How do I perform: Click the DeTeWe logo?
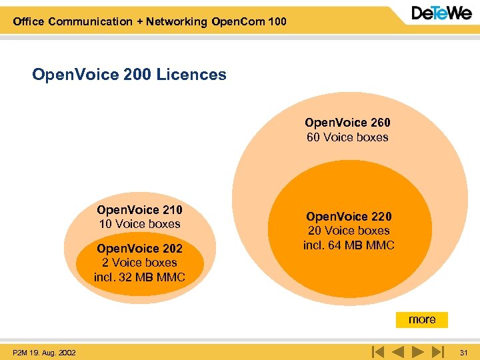tap(441, 14)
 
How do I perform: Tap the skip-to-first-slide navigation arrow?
tap(377, 351)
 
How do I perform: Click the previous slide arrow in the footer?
tap(397, 351)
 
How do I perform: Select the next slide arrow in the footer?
tap(418, 351)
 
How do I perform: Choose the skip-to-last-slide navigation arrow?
tap(437, 351)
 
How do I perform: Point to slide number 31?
tap(464, 352)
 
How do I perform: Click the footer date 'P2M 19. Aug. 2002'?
tap(44, 352)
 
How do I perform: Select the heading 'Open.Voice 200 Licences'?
tap(129, 75)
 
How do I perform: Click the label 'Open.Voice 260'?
tap(347, 123)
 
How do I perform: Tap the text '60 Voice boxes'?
tap(347, 137)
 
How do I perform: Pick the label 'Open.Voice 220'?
tap(349, 217)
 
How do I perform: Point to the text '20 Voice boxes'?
tap(349, 231)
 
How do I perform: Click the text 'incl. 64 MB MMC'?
tap(349, 245)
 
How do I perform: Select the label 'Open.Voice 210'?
tap(139, 210)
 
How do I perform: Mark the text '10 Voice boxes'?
tap(139, 224)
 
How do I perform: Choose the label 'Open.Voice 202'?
tap(139, 249)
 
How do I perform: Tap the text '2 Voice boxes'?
tap(139, 263)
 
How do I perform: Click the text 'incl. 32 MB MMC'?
tap(139, 277)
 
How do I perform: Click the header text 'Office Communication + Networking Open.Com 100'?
tap(149, 21)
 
